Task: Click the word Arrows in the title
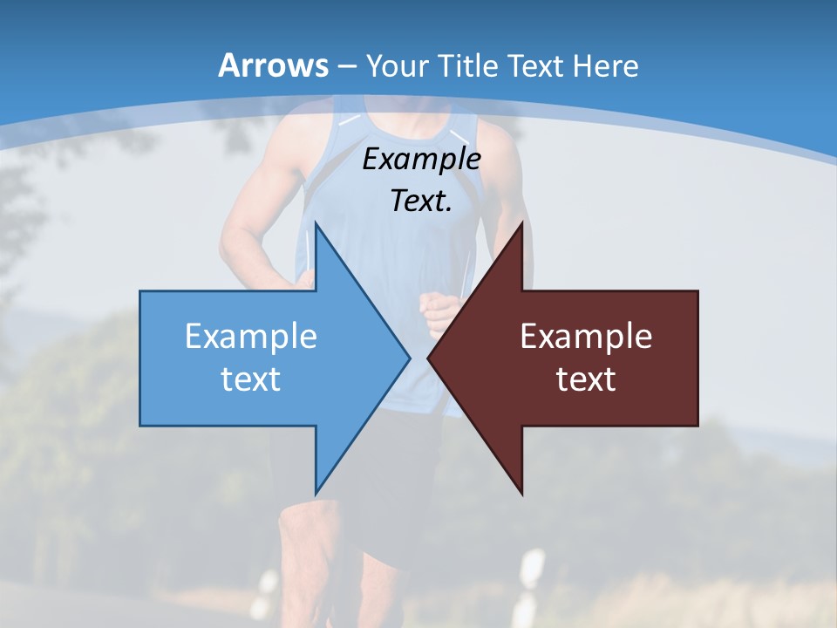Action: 273,65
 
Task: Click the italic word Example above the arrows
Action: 421,159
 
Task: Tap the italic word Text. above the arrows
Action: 421,201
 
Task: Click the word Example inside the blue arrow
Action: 251,336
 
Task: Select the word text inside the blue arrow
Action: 251,379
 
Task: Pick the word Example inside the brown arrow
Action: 586,336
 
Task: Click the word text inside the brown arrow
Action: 586,379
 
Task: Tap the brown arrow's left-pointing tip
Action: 431,358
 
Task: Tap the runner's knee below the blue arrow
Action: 301,532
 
